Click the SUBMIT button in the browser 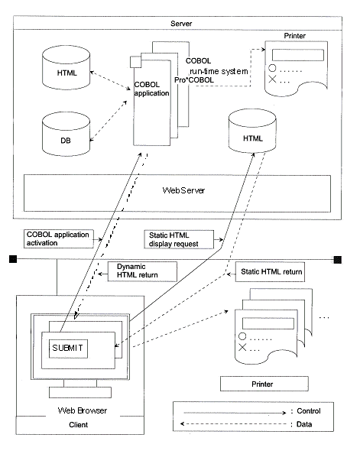coord(68,349)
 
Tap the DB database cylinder coord(66,134)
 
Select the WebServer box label coord(183,190)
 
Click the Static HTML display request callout coord(179,239)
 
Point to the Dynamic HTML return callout coord(142,271)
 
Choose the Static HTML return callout coord(270,271)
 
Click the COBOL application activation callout coord(59,238)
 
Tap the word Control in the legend coord(309,411)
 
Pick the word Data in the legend coord(304,424)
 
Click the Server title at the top coord(181,24)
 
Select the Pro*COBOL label coord(193,80)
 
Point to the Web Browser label coord(83,410)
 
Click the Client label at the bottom coord(78,424)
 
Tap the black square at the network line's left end coord(13,259)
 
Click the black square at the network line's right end coord(338,259)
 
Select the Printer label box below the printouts coord(264,384)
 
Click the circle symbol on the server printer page coord(272,68)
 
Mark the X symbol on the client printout coord(242,347)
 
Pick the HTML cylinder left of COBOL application coord(66,67)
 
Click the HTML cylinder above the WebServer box coord(252,131)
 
